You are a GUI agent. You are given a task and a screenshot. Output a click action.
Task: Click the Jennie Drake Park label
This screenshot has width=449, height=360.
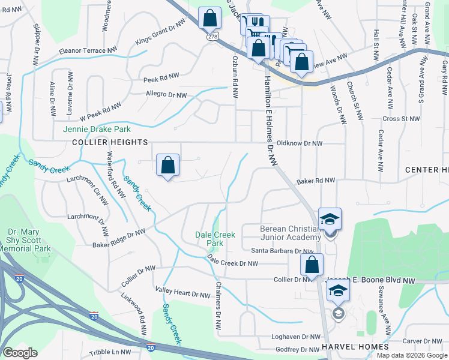97,129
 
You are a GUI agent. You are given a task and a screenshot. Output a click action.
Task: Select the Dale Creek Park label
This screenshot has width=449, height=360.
210,239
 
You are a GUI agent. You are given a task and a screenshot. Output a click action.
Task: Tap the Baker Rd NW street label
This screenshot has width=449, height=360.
316,181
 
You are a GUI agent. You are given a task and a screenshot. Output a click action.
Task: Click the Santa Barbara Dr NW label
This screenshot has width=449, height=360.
282,251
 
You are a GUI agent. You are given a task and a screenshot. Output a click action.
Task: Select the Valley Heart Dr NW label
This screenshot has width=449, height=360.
181,293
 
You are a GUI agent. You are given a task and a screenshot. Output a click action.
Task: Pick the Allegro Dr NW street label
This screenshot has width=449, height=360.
167,94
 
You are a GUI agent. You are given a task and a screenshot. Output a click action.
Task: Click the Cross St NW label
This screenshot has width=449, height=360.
401,119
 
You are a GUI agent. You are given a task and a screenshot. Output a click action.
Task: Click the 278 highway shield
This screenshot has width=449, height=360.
213,37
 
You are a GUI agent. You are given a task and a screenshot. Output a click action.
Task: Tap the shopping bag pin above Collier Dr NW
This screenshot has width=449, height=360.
312,265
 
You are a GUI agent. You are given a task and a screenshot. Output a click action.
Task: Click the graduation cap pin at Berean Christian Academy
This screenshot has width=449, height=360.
330,219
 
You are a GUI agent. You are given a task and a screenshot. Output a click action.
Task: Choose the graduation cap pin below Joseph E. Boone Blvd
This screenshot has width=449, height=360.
338,292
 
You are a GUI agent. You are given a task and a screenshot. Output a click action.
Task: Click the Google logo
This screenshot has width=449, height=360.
20,353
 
